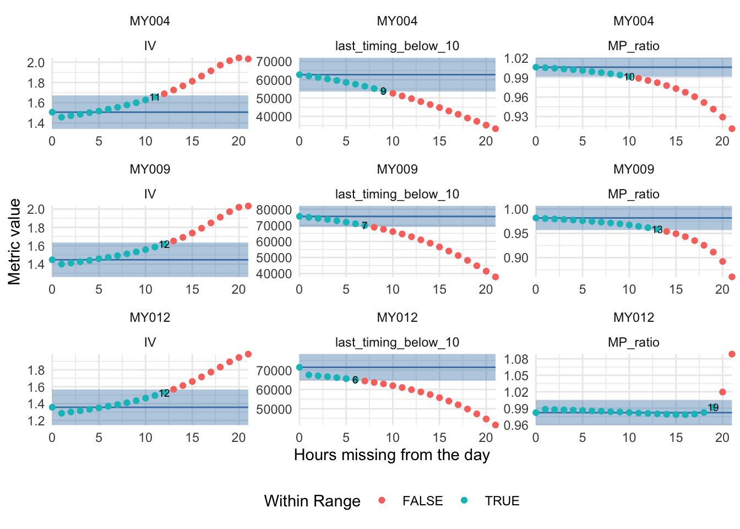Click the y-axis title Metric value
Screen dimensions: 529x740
pos(14,241)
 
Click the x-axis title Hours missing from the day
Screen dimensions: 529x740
pos(391,455)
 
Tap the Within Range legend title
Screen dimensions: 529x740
pos(312,501)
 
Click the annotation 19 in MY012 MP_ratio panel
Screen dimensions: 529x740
pos(713,408)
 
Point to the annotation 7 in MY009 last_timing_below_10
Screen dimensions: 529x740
pos(364,226)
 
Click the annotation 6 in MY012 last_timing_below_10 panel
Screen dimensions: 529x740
pos(355,380)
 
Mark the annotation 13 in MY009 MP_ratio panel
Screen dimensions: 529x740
pos(657,230)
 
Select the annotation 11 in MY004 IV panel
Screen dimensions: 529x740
pos(155,98)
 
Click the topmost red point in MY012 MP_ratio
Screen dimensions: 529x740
pos(732,354)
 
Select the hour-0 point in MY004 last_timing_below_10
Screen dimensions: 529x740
pos(300,74)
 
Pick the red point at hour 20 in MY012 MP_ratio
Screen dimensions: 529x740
pos(722,392)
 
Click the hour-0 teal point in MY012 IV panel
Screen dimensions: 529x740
pos(52,407)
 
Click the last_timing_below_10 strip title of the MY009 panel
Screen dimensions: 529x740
pos(397,194)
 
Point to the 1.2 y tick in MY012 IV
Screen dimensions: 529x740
pos(36,421)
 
